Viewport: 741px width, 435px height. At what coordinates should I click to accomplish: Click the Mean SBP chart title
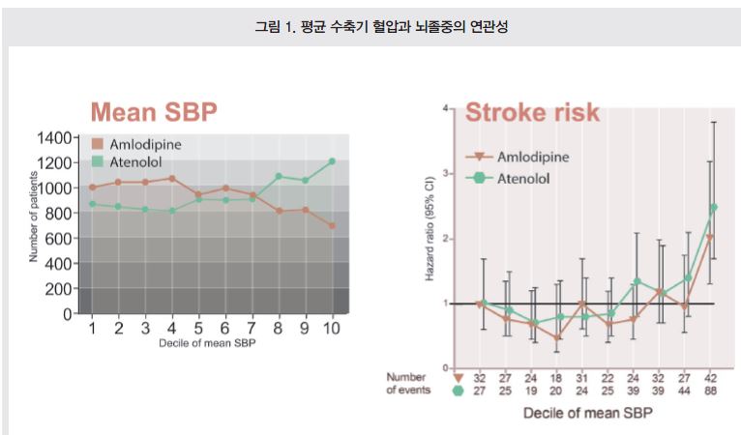[x=154, y=113]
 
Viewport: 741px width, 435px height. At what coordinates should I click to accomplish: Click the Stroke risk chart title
[x=532, y=112]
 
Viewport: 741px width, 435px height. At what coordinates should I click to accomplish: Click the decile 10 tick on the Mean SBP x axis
[x=331, y=329]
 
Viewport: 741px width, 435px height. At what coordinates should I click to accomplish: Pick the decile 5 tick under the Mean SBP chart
[x=198, y=329]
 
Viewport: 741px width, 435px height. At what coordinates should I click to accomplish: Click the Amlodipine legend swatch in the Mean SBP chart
[x=97, y=143]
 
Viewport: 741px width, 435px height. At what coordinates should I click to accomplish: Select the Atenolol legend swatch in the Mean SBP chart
[x=97, y=159]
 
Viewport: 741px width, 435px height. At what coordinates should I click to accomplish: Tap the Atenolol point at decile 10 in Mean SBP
[x=331, y=161]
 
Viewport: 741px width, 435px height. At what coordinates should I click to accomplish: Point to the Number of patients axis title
[x=34, y=217]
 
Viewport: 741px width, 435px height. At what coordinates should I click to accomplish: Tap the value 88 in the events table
[x=711, y=391]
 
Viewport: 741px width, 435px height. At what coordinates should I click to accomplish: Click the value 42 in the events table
[x=711, y=378]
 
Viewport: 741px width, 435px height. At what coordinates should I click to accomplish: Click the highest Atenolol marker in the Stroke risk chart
[x=713, y=207]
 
